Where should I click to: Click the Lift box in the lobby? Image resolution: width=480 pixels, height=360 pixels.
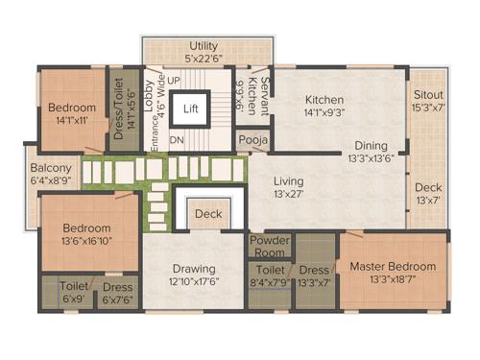click(191, 108)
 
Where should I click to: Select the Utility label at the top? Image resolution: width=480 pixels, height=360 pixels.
click(204, 46)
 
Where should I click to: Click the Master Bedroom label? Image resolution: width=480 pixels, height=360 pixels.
click(392, 266)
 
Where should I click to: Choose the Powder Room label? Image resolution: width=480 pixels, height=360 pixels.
click(270, 245)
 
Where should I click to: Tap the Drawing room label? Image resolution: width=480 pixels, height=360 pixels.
click(194, 268)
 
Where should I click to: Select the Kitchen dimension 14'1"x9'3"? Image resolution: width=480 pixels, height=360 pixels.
click(324, 113)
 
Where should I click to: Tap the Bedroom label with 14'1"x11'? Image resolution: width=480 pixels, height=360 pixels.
click(72, 108)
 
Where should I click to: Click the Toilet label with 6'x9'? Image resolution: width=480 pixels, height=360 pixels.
click(73, 286)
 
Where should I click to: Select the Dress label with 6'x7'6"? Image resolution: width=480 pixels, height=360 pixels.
click(117, 286)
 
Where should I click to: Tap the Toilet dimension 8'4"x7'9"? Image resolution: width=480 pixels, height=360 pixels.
click(270, 282)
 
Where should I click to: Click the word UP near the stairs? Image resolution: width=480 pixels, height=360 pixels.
click(175, 79)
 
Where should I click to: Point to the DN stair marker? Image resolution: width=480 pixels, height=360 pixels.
click(176, 140)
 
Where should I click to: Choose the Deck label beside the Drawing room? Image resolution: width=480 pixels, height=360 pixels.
click(208, 214)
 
